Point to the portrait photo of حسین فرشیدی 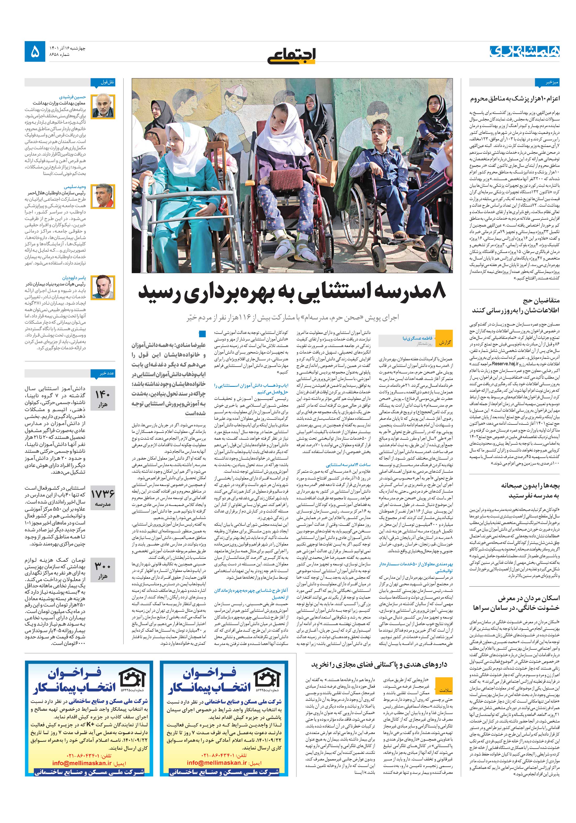[103, 107]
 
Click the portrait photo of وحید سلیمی [103, 196]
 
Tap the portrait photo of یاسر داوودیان [103, 287]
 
